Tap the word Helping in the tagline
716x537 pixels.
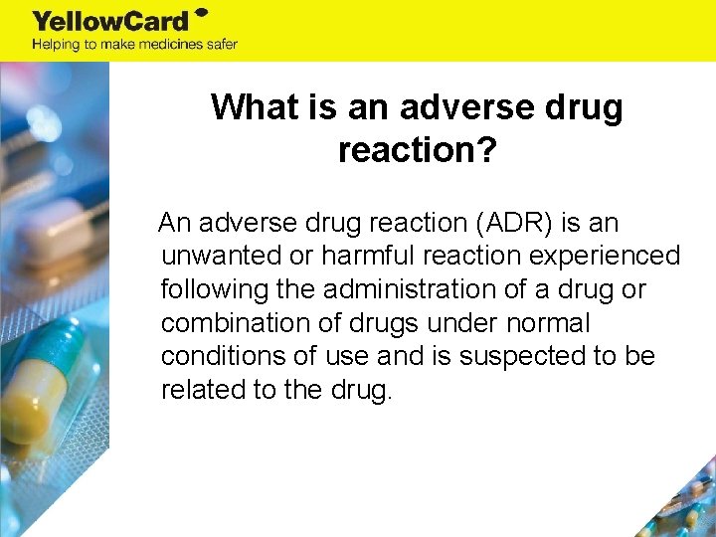(56, 44)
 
